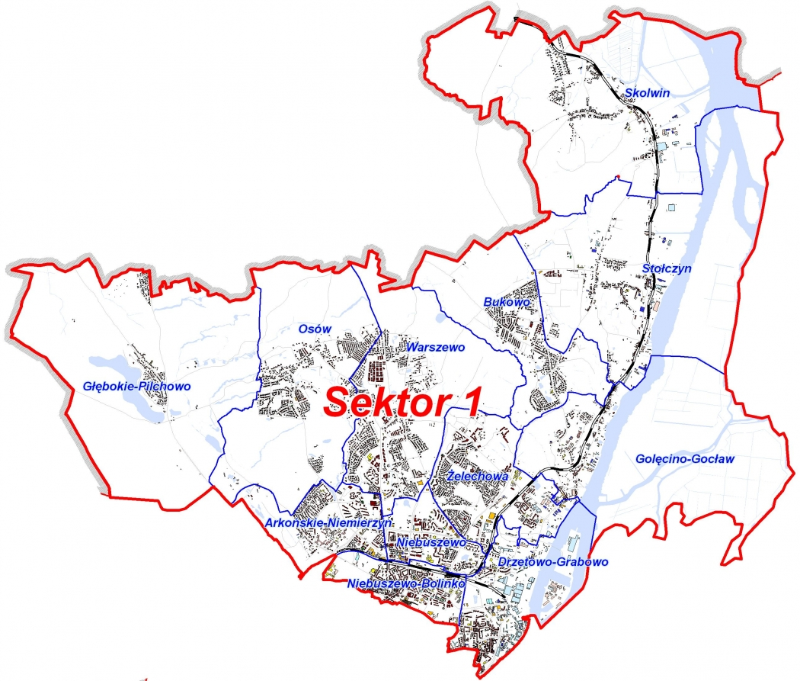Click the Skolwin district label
[x=646, y=93]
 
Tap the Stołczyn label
[x=667, y=268]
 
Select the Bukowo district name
[x=506, y=302]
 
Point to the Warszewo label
[x=436, y=347]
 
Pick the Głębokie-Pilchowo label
[x=137, y=387]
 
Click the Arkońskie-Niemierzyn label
[x=328, y=523]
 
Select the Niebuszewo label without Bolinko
[x=430, y=541]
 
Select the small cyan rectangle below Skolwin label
[x=664, y=145]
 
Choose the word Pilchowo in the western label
[x=163, y=387]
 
